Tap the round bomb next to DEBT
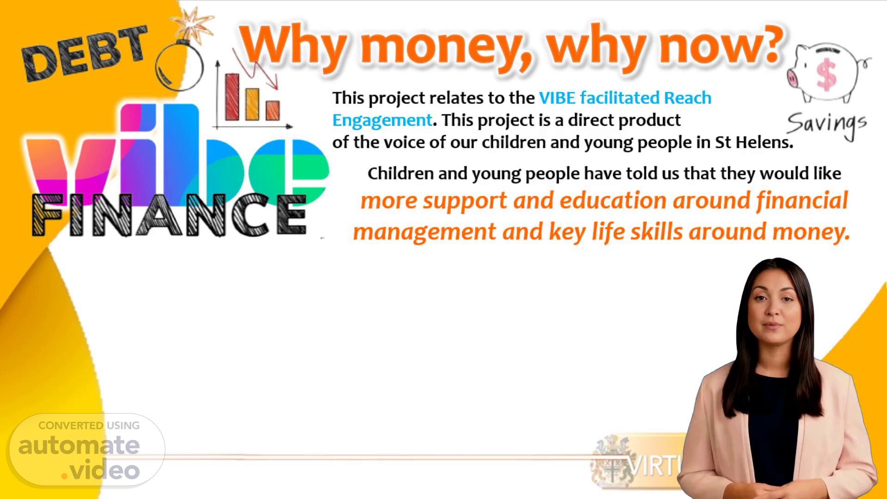coord(179,67)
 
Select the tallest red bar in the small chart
coord(232,97)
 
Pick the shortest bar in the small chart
coord(273,110)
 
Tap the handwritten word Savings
coord(826,124)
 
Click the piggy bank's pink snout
coord(792,78)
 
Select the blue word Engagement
coord(382,120)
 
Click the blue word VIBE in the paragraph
coord(557,98)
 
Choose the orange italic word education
coord(613,201)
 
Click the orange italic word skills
coord(656,231)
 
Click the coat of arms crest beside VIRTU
coord(609,462)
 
